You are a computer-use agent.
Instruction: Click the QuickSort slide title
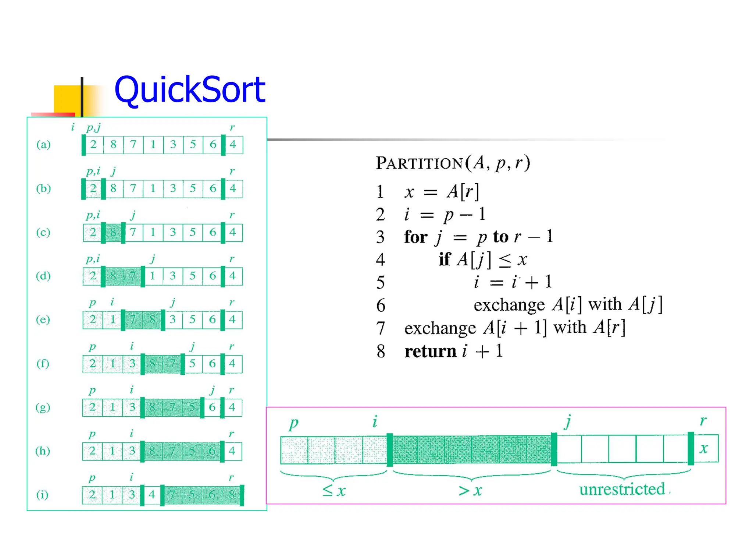pyautogui.click(x=190, y=89)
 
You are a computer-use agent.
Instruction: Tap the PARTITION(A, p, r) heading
pyautogui.click(x=453, y=163)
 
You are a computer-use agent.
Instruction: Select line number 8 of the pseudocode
pyautogui.click(x=381, y=351)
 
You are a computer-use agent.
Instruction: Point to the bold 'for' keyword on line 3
pyautogui.click(x=415, y=237)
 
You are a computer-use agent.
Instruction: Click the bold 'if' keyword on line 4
pyautogui.click(x=444, y=260)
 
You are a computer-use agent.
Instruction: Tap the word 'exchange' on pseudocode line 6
pyautogui.click(x=509, y=305)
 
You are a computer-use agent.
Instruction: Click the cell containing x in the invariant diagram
pyautogui.click(x=704, y=449)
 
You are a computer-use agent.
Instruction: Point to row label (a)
pyautogui.click(x=43, y=144)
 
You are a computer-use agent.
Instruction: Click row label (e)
pyautogui.click(x=43, y=319)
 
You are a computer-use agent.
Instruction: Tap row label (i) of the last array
pyautogui.click(x=42, y=494)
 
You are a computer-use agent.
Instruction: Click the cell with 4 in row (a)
pyautogui.click(x=233, y=144)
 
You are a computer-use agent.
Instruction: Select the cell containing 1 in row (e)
pyautogui.click(x=113, y=319)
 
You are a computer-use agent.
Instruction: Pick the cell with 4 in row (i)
pyautogui.click(x=152, y=494)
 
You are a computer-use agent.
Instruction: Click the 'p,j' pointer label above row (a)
pyautogui.click(x=93, y=127)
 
